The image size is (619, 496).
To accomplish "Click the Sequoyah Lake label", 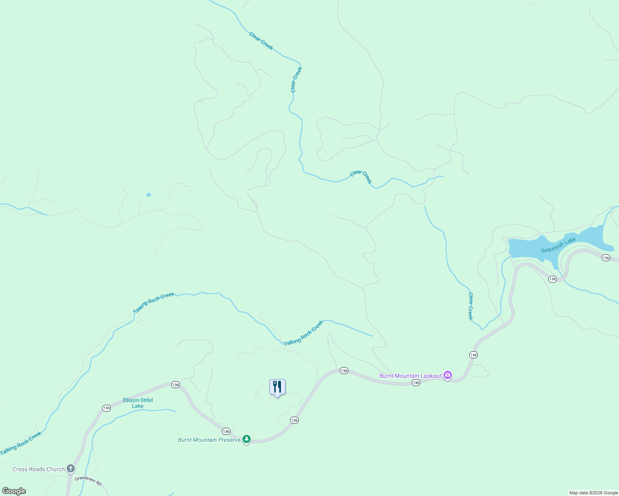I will (x=558, y=246).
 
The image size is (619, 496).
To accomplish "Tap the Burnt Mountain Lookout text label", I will (x=410, y=376).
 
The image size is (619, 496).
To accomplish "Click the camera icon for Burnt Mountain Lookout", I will (x=447, y=375).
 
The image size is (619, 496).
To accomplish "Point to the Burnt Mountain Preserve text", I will (x=209, y=440).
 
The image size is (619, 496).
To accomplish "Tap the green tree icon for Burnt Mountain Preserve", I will (x=247, y=439).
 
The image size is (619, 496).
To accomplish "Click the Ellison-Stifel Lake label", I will (x=138, y=403).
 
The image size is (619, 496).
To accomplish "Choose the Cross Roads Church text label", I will (x=38, y=469).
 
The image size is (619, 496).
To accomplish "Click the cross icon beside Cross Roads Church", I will (x=71, y=469).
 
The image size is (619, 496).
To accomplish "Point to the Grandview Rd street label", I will (x=88, y=481).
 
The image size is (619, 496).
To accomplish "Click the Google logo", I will (x=14, y=491).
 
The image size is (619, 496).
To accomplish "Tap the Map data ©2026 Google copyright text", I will (x=593, y=493).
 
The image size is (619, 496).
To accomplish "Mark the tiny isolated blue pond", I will (x=149, y=195).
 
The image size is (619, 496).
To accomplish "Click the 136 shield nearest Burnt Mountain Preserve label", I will (x=226, y=431).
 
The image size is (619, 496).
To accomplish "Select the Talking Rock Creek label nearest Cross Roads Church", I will (x=21, y=444).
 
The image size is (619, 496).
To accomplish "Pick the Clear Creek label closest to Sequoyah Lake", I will (x=470, y=306).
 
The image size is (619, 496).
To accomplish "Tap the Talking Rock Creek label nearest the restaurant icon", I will (x=303, y=333).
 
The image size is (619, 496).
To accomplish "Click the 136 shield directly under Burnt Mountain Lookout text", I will (x=416, y=383).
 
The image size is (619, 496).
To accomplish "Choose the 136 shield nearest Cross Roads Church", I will (x=106, y=408).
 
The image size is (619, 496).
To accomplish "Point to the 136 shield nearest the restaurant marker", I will (x=294, y=420).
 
